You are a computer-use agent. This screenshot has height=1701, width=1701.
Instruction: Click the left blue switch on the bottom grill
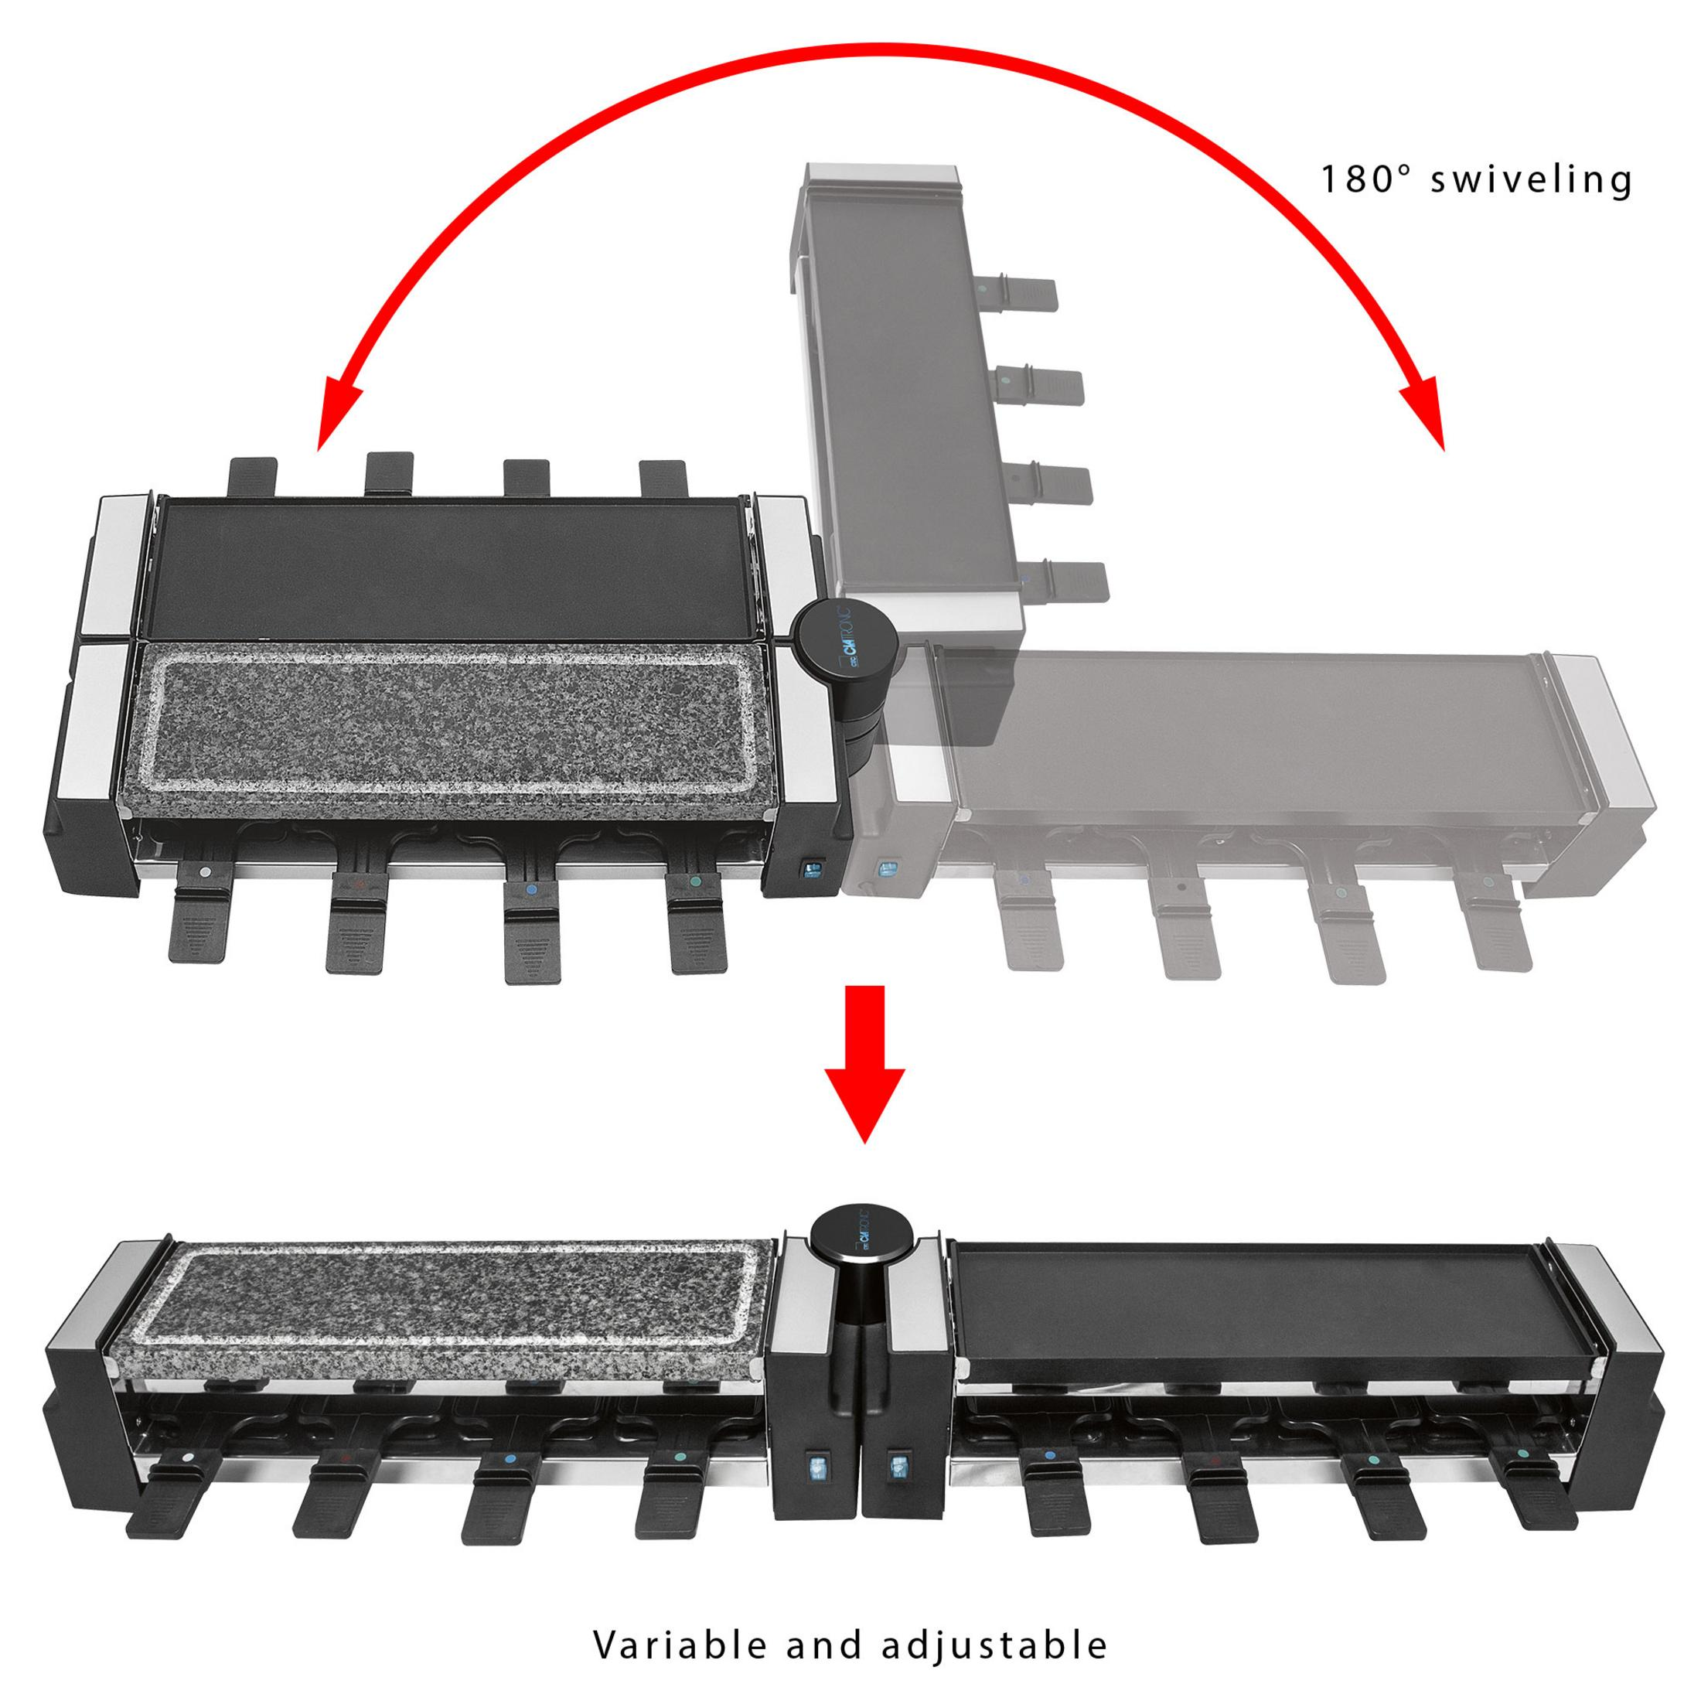click(815, 1467)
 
